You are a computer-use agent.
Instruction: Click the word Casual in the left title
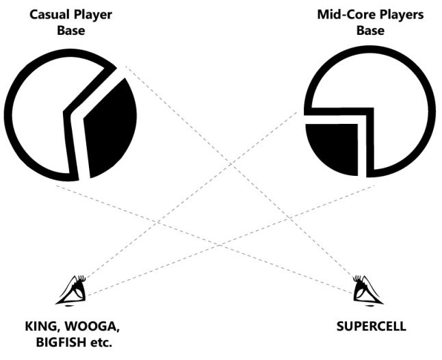[47, 14]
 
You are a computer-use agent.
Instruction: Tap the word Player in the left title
[91, 14]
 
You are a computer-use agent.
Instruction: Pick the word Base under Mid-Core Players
[369, 30]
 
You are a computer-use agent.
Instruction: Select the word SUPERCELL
[371, 326]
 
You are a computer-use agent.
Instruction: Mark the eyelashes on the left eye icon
[81, 279]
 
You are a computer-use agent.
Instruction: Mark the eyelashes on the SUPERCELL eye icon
[356, 279]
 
